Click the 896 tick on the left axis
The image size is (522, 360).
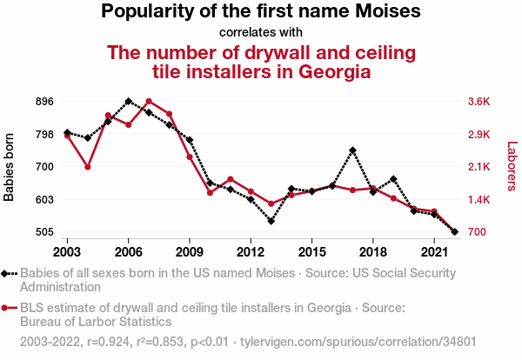point(43,101)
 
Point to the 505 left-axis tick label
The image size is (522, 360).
point(43,232)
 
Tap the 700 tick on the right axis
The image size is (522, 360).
point(477,232)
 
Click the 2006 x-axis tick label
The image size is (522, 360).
point(129,251)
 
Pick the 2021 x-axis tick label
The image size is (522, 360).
point(433,251)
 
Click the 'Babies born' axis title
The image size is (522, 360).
point(10,167)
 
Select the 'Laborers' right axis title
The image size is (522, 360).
point(512,167)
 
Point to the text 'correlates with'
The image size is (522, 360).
point(261,33)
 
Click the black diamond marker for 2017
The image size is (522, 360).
point(352,150)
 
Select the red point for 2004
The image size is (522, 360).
point(88,167)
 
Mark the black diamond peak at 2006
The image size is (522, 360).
point(129,101)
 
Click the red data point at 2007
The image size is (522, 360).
point(149,102)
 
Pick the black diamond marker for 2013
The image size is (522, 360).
point(271,221)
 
